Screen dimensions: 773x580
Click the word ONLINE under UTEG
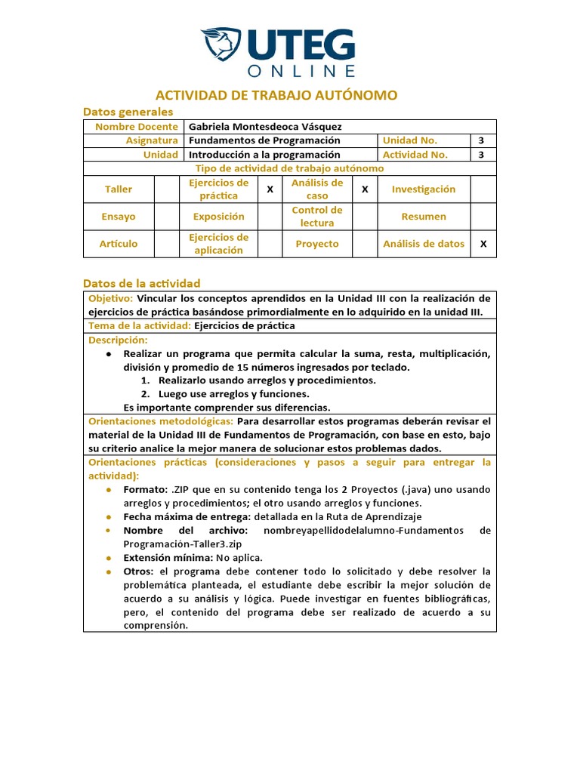pos(301,71)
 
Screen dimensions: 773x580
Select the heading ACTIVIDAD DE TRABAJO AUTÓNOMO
pos(276,95)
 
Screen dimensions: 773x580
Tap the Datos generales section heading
pos(128,112)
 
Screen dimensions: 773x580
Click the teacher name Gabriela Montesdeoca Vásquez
pos(259,127)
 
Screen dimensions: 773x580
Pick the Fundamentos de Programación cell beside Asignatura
pos(264,140)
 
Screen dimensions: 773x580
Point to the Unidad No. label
pos(410,140)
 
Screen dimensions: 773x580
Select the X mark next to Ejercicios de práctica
pos(270,189)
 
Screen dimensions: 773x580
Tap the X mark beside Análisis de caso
pos(365,189)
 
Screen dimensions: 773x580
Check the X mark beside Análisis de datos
pos(483,244)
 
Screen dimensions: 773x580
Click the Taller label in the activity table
pos(119,189)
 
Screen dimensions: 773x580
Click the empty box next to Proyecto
pos(365,244)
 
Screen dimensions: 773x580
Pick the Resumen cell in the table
pos(424,217)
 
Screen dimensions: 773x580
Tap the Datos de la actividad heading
pos(141,283)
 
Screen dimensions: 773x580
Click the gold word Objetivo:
pos(111,298)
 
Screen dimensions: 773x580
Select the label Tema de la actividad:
pos(140,326)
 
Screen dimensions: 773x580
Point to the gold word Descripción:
pos(118,340)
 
